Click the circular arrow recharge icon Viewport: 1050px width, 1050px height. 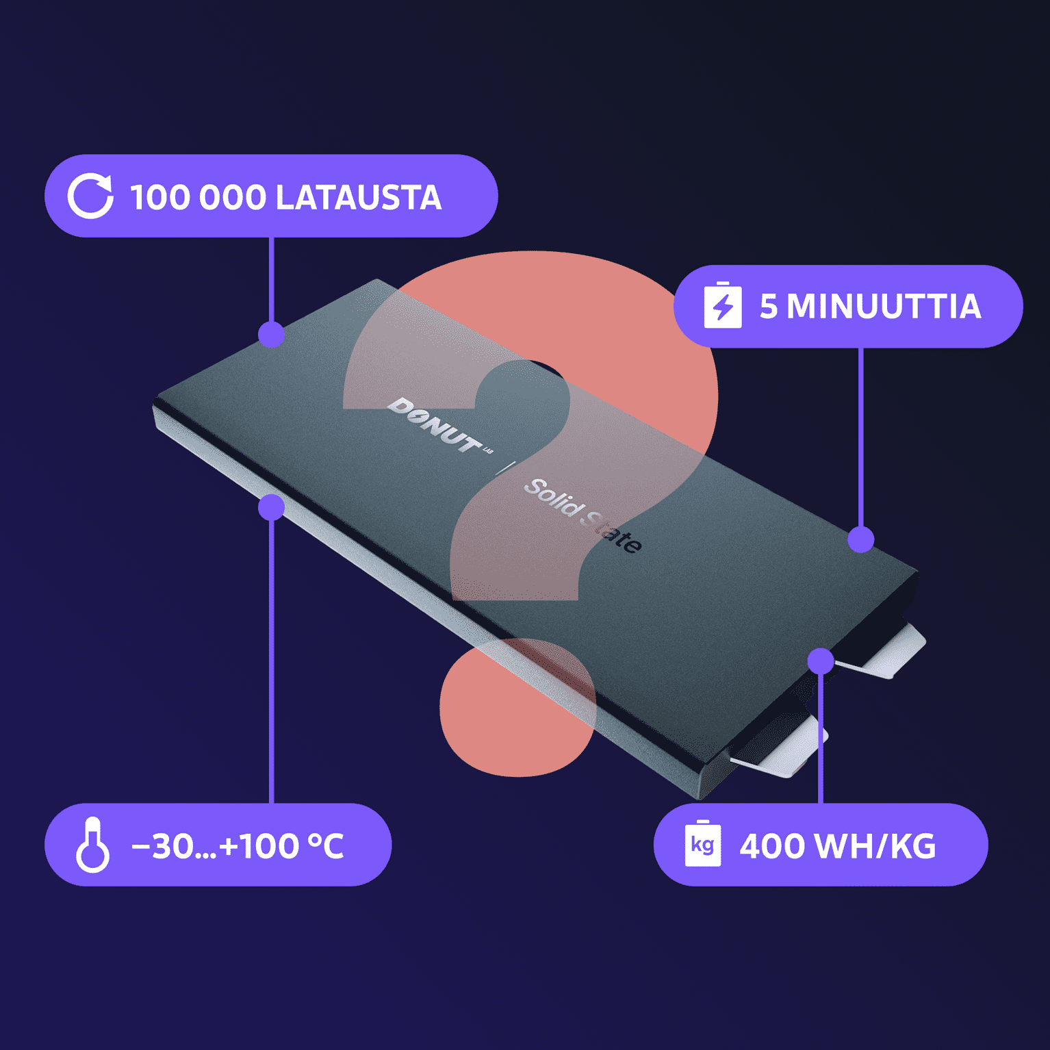[x=90, y=196]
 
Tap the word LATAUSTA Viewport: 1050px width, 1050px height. [x=359, y=197]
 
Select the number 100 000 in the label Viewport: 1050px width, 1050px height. [x=198, y=197]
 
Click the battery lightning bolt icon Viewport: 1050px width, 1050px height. [x=723, y=305]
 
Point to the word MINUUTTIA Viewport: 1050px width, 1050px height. [x=884, y=306]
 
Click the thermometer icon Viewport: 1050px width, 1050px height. [x=92, y=845]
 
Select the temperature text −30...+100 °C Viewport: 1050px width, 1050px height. [x=238, y=846]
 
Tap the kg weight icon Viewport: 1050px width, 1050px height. [x=703, y=843]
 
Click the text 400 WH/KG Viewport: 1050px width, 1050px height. [x=837, y=846]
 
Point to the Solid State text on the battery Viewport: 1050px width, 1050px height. [x=582, y=515]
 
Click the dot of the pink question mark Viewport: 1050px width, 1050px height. [x=517, y=707]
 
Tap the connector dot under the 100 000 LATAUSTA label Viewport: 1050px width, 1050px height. [x=272, y=334]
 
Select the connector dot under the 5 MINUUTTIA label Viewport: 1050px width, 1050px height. [x=861, y=539]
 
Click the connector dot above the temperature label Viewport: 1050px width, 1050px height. [x=272, y=507]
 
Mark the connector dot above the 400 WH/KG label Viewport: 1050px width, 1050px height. [x=821, y=661]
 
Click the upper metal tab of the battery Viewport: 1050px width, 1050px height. [x=883, y=652]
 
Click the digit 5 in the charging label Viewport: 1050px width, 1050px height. [x=769, y=306]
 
